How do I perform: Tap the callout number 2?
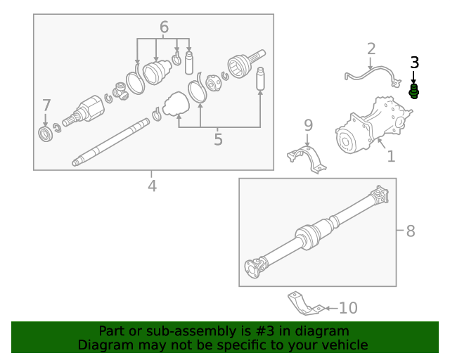(x=371, y=49)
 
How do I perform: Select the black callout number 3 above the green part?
(x=414, y=63)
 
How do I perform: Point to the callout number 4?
(x=152, y=186)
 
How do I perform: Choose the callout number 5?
(x=218, y=139)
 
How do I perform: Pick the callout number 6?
(x=164, y=27)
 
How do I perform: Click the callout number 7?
(x=46, y=105)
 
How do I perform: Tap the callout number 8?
(x=411, y=231)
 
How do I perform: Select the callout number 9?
(x=308, y=125)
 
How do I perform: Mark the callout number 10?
(x=348, y=308)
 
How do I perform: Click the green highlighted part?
(x=414, y=91)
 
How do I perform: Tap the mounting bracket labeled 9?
(x=307, y=157)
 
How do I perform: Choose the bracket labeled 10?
(x=304, y=304)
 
